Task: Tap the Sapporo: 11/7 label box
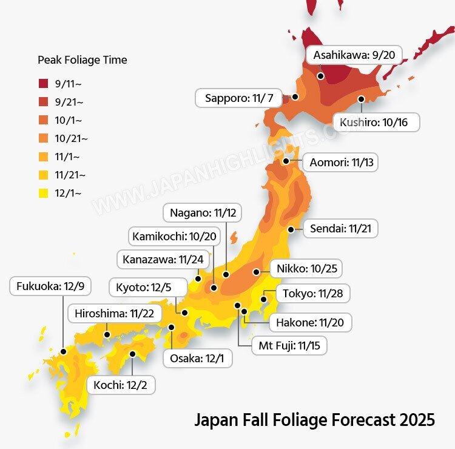238,98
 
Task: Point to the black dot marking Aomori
286,161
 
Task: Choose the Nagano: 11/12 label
203,213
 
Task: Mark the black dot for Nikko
257,272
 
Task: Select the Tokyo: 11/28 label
312,294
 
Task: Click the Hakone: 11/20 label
309,322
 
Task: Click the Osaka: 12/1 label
197,358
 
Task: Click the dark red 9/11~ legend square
43,84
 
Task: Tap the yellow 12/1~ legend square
43,193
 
